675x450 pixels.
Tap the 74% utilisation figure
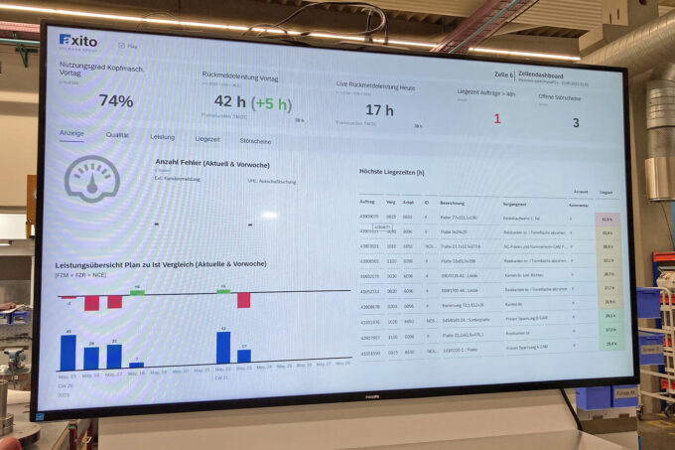coord(116,101)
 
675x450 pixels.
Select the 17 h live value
coord(379,110)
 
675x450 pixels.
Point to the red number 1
coord(497,118)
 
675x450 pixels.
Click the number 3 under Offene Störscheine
coord(575,123)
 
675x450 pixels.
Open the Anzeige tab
coord(72,134)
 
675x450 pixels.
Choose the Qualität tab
coord(117,136)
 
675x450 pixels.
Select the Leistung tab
coord(162,137)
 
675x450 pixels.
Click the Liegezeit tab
coord(206,139)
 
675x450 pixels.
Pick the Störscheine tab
coord(255,141)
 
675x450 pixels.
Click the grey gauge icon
coord(91,180)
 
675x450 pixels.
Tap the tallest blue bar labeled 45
coord(68,353)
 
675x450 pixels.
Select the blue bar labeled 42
coord(223,348)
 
